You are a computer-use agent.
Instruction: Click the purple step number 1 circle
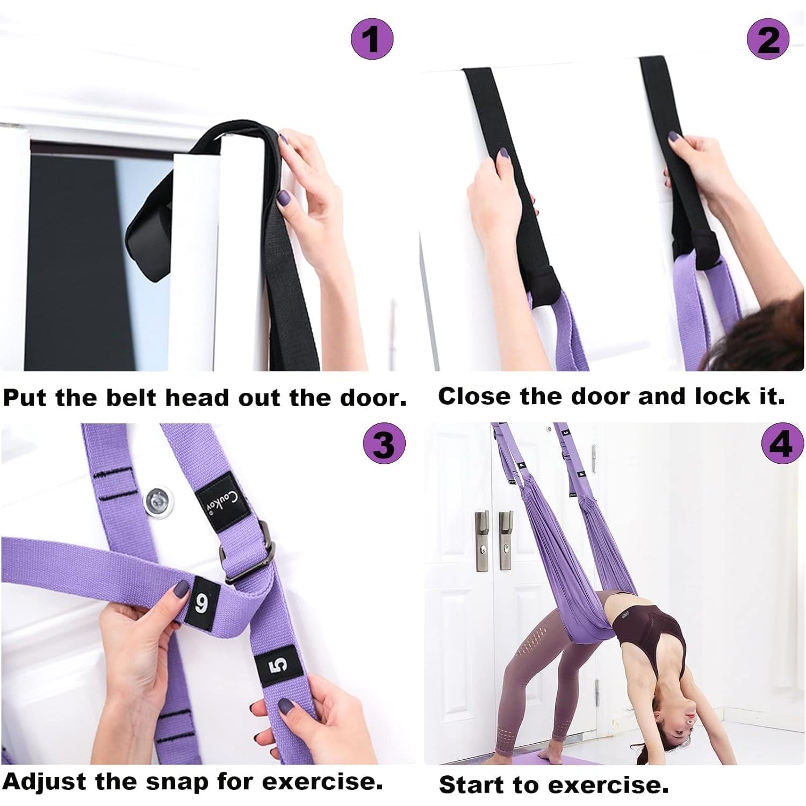(372, 39)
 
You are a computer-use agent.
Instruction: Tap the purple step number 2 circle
(768, 39)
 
